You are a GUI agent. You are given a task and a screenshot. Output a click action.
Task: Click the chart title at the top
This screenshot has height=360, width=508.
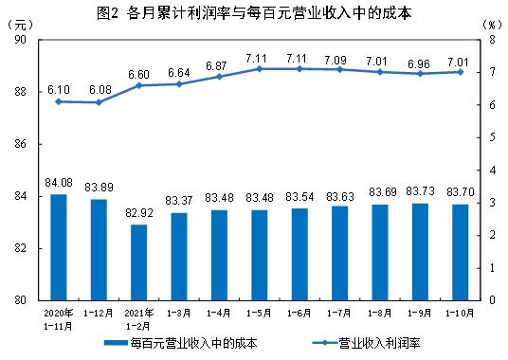pyautogui.click(x=254, y=12)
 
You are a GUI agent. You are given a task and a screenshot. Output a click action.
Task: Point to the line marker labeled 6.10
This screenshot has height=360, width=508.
pyautogui.click(x=58, y=100)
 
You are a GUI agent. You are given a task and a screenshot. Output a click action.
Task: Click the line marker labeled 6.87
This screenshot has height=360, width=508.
pyautogui.click(x=219, y=76)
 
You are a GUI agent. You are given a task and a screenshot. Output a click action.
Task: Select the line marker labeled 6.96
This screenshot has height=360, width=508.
pyautogui.click(x=421, y=73)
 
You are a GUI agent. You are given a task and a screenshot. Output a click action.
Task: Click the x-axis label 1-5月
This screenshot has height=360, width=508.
pyautogui.click(x=260, y=311)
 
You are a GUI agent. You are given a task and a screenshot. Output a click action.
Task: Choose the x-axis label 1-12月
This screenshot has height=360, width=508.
pyautogui.click(x=98, y=311)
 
